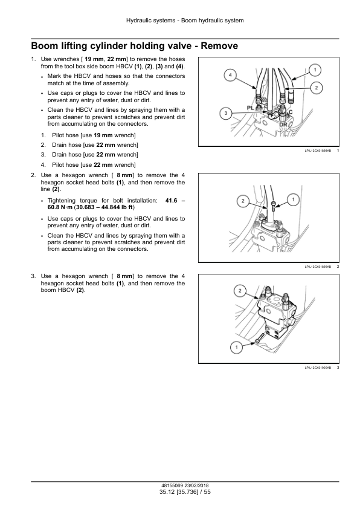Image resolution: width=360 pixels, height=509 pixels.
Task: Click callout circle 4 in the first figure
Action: [x=230, y=75]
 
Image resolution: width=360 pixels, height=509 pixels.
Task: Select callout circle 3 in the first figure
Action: [x=225, y=113]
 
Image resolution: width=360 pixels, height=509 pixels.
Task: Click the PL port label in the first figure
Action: [x=252, y=107]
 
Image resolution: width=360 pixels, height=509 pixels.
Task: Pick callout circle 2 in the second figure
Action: [x=242, y=200]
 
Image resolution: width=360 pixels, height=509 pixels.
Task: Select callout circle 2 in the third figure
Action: [x=240, y=291]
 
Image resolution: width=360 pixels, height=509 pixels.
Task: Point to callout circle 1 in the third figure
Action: [x=237, y=347]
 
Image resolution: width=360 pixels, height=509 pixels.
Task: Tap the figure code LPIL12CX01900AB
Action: [x=318, y=367]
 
